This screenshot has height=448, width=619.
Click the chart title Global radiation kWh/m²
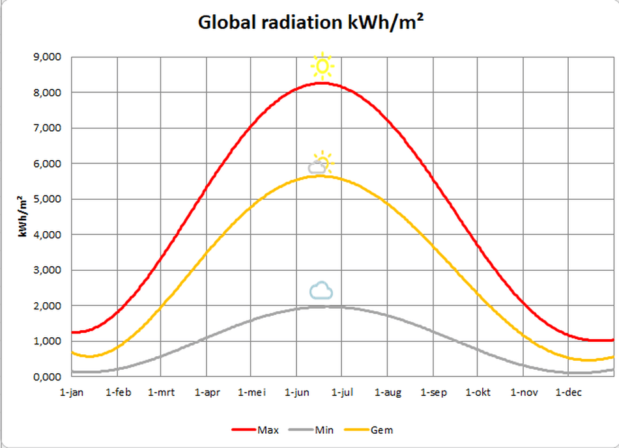(x=311, y=23)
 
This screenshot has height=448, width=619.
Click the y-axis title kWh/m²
(x=22, y=216)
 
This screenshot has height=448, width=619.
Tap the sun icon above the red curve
(x=322, y=66)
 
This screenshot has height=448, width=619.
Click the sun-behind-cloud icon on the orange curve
(x=320, y=165)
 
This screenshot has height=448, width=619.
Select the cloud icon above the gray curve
(x=321, y=290)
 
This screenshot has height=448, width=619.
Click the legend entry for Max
(x=255, y=430)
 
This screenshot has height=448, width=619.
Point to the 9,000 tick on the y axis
(x=47, y=57)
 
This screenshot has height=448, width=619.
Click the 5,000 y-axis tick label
(x=47, y=199)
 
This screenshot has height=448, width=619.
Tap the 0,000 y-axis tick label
(x=47, y=377)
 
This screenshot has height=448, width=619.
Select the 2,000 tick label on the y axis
(x=47, y=306)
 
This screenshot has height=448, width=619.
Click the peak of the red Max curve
(x=323, y=83)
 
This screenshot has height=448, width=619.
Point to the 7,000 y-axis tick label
(x=47, y=128)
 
